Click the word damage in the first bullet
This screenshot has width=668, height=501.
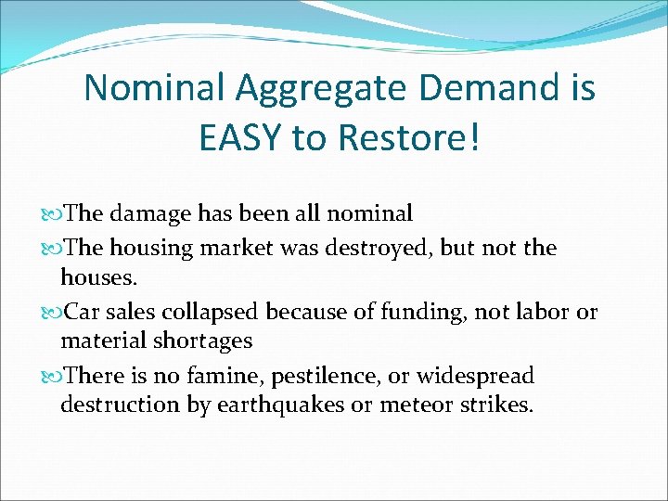pyautogui.click(x=151, y=214)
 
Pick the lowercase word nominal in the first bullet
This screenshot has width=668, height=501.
pyautogui.click(x=367, y=214)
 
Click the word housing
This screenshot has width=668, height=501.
pyautogui.click(x=152, y=249)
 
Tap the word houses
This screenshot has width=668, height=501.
pyautogui.click(x=97, y=277)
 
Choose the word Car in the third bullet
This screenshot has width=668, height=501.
pyautogui.click(x=81, y=313)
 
